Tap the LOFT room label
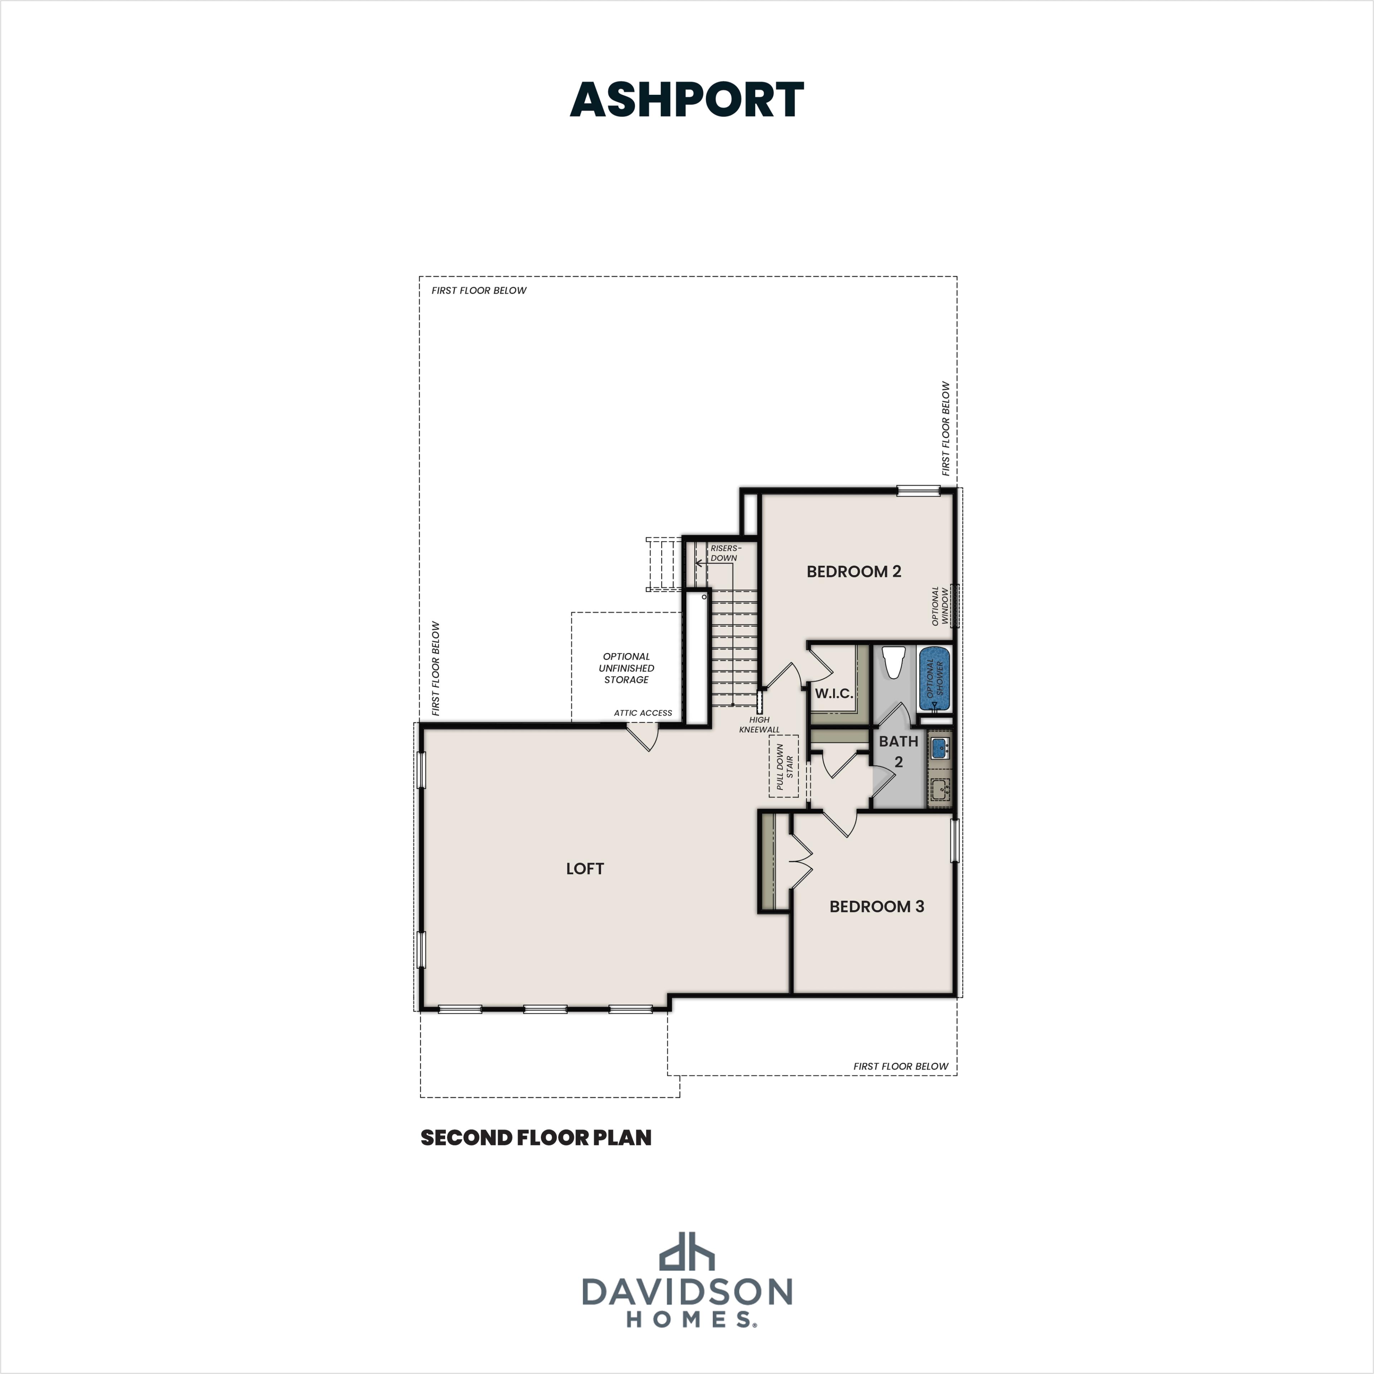(585, 868)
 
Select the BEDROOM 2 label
(853, 571)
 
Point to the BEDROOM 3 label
(876, 906)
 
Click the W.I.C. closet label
(833, 693)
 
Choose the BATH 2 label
(898, 751)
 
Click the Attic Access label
(643, 713)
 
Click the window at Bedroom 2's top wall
(918, 490)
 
